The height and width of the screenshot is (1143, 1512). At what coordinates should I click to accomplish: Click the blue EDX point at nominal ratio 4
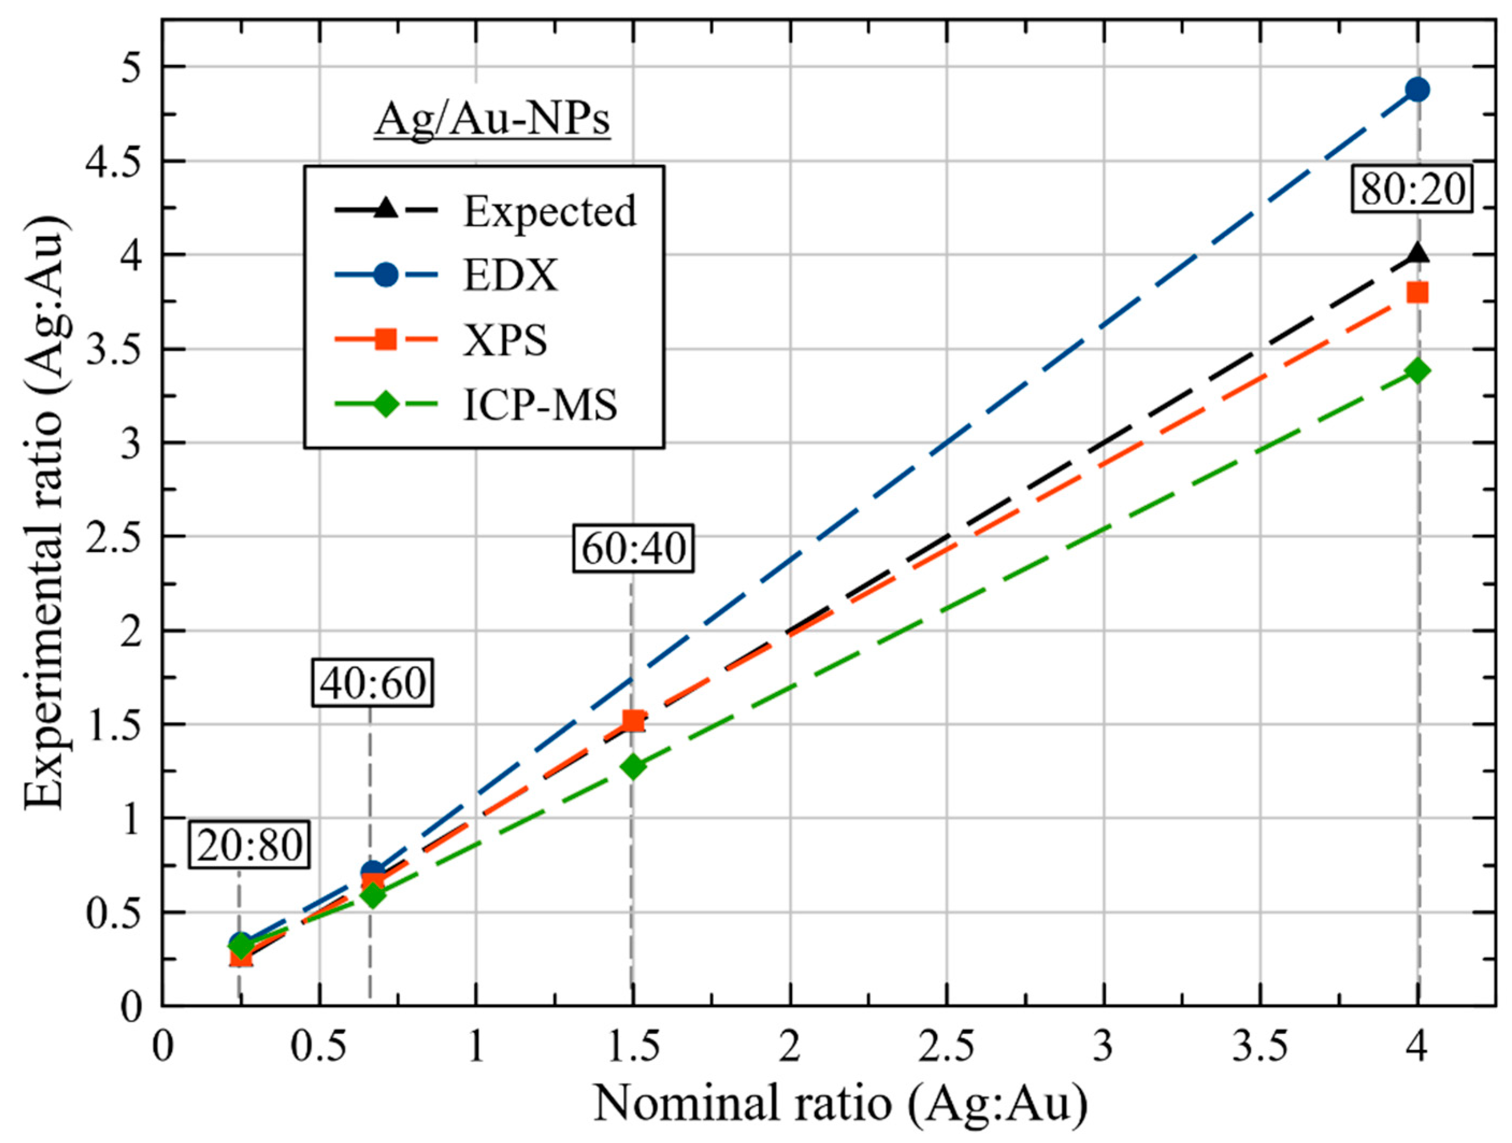(x=1417, y=90)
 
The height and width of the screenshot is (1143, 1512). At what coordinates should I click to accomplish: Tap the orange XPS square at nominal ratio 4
(x=1417, y=293)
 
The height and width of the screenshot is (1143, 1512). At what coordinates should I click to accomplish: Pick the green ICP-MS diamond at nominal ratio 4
(x=1417, y=371)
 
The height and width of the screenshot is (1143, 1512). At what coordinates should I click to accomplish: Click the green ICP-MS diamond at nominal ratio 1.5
(x=633, y=766)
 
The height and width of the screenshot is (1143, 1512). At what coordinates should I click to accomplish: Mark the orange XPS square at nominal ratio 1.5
(x=633, y=720)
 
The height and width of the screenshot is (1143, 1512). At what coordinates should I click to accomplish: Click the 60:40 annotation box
(x=633, y=549)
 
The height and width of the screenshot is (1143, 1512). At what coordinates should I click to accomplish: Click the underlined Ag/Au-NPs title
(x=492, y=121)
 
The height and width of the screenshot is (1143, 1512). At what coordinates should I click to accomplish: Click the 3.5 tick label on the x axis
(x=1259, y=1048)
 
